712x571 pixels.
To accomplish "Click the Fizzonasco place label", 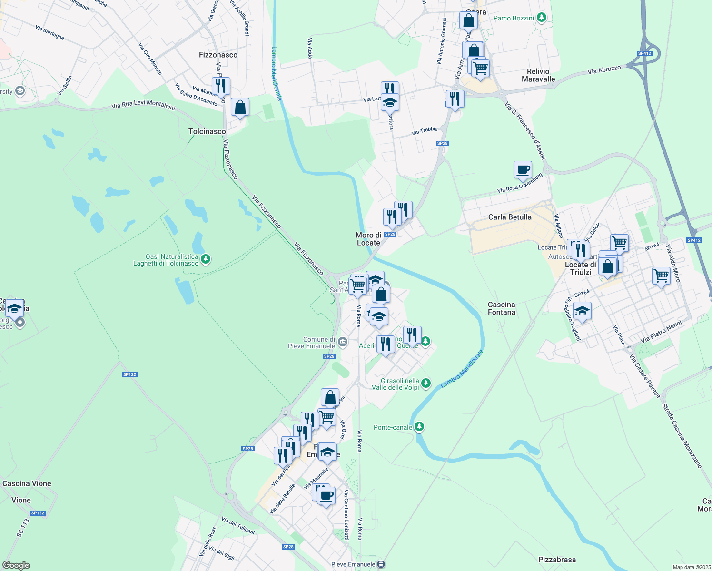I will (x=218, y=55).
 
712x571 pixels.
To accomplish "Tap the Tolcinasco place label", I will (x=207, y=131).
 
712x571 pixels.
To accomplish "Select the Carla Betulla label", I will (x=510, y=217).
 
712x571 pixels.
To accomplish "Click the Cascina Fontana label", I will (x=502, y=308).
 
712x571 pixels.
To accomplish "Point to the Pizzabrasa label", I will (x=557, y=560).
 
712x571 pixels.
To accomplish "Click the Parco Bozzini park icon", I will (x=541, y=18).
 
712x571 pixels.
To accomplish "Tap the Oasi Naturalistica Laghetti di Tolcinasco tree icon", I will (x=205, y=259).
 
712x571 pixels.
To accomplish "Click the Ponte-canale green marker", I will (x=419, y=427).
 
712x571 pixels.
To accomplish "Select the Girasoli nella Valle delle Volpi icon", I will (x=426, y=383).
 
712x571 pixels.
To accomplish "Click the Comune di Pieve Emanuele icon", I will (x=342, y=342).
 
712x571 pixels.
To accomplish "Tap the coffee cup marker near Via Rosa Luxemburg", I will (x=523, y=169).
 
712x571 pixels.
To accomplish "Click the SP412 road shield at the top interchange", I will (x=644, y=53).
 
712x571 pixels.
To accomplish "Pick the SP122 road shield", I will (x=129, y=374).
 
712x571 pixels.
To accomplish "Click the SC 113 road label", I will (x=23, y=528).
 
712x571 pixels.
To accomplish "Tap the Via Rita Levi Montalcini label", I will (x=143, y=105).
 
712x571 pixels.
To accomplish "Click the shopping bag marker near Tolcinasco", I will (x=240, y=108).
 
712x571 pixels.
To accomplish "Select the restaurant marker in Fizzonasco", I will (x=221, y=86).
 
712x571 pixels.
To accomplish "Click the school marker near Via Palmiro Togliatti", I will (x=582, y=311).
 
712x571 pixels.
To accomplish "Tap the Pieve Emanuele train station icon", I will (x=381, y=564).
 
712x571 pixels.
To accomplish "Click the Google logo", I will (x=16, y=565).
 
